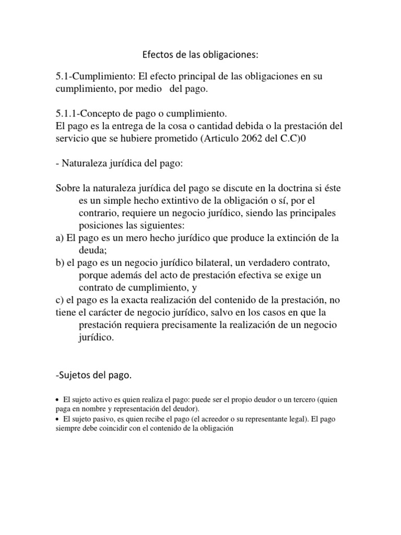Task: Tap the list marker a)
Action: [x=60, y=238]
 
